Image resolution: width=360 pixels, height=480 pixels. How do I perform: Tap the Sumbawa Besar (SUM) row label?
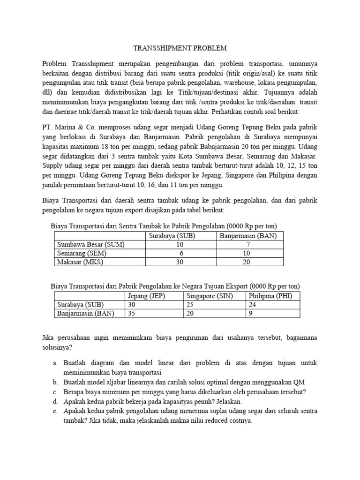pyautogui.click(x=91, y=244)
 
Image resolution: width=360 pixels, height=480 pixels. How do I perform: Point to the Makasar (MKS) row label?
pyautogui.click(x=80, y=262)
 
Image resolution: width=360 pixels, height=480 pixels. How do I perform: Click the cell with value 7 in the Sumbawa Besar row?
pyautogui.click(x=249, y=244)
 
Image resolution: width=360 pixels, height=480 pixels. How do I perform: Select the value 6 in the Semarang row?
pyautogui.click(x=180, y=253)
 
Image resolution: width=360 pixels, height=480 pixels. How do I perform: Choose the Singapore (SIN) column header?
pyautogui.click(x=210, y=296)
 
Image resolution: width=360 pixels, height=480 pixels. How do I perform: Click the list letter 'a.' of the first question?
pyautogui.click(x=55, y=362)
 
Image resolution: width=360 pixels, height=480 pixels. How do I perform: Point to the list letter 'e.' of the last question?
pyautogui.click(x=55, y=411)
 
